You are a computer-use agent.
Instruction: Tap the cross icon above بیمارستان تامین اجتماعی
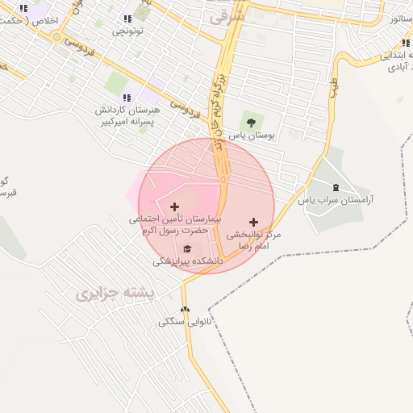click(x=174, y=206)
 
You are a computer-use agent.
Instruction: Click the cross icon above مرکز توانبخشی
click(x=254, y=221)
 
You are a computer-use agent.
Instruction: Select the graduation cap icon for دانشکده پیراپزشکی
click(x=188, y=248)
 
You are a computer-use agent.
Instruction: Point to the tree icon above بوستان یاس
click(x=251, y=123)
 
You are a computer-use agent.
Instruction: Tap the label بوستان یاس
click(x=251, y=136)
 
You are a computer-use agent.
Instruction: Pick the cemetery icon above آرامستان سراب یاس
click(x=336, y=187)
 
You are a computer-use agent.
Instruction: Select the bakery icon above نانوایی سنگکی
click(x=186, y=309)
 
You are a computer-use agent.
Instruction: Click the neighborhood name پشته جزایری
click(x=115, y=294)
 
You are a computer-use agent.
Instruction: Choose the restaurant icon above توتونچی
click(x=127, y=19)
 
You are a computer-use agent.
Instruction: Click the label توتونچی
click(x=127, y=31)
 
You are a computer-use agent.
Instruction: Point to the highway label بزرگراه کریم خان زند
click(x=220, y=105)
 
